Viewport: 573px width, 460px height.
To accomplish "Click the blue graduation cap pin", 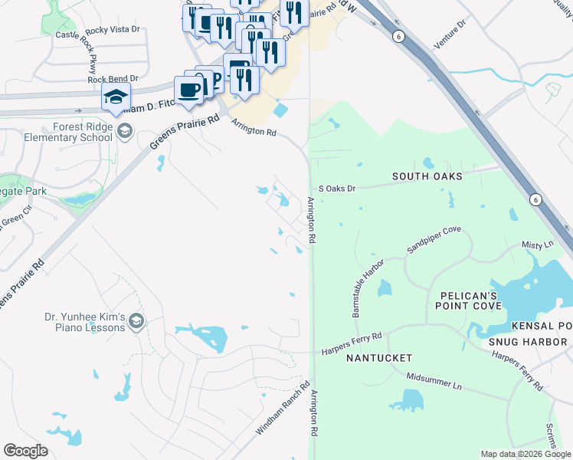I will tap(116, 97).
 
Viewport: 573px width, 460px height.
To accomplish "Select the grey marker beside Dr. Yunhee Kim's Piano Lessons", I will tap(137, 320).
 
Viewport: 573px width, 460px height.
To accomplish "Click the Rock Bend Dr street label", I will tap(113, 78).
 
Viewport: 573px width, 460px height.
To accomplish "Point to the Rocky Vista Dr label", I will tap(113, 30).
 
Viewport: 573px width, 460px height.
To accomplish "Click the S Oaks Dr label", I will tap(337, 188).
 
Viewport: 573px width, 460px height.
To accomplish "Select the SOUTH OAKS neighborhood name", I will tap(427, 176).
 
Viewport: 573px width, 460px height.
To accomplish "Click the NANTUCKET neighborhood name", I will tap(378, 358).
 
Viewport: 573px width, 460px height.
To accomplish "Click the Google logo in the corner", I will tap(26, 451).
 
